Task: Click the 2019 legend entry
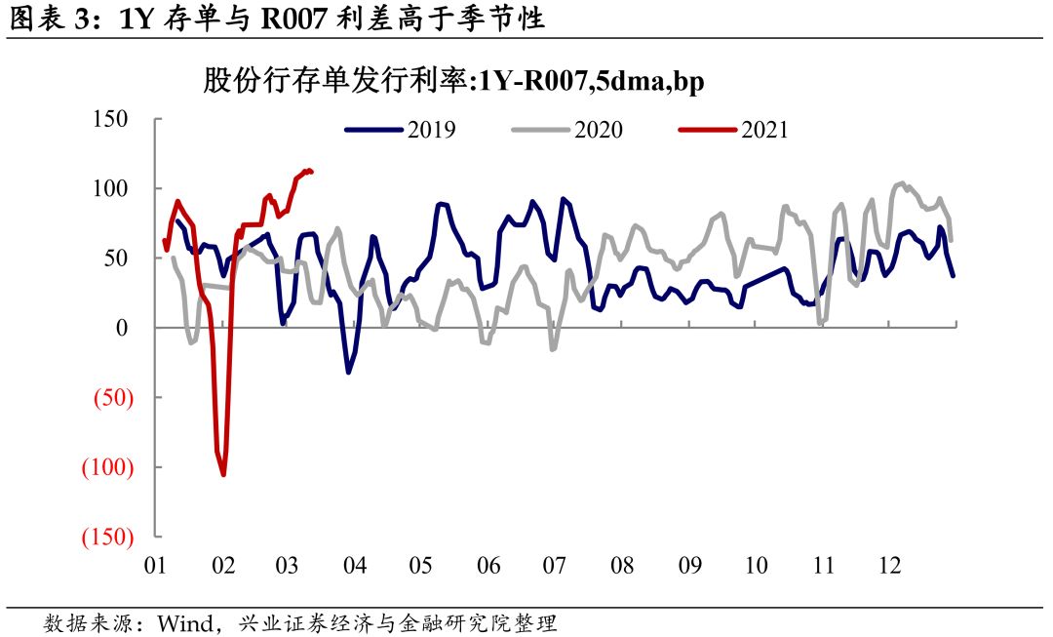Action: tap(401, 129)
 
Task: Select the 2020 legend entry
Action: tap(568, 129)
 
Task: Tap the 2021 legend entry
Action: tap(733, 129)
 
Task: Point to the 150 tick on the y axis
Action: tap(110, 119)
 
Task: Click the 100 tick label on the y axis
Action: tap(110, 188)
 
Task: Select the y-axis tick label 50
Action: tap(116, 259)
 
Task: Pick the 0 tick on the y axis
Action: tap(123, 328)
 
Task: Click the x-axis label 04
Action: tap(355, 565)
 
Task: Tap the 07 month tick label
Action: tap(555, 565)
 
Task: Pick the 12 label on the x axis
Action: tap(889, 565)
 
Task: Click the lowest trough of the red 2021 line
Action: tap(223, 475)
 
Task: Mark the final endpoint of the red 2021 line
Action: tap(311, 172)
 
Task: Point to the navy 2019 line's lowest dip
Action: tap(348, 372)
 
